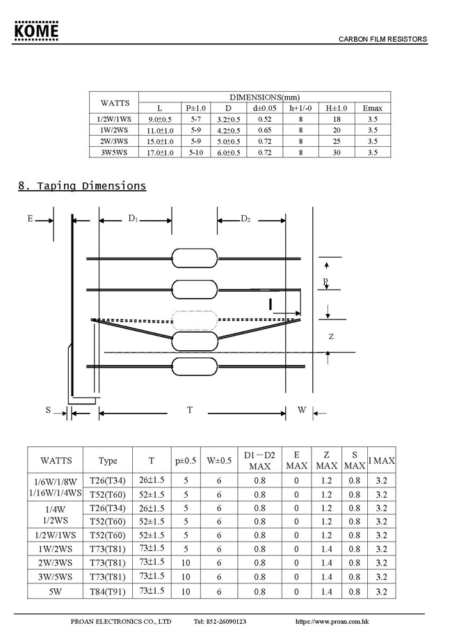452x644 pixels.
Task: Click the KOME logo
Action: point(36,31)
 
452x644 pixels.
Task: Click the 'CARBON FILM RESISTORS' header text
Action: point(382,40)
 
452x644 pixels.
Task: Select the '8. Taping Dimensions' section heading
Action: point(82,186)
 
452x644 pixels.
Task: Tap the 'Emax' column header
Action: point(372,108)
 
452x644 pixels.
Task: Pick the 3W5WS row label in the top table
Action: point(115,152)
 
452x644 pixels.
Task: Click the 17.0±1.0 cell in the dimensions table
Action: point(160,152)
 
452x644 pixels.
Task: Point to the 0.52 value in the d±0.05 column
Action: point(264,119)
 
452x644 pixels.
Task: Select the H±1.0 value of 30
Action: point(337,152)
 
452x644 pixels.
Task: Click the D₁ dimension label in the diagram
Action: point(133,219)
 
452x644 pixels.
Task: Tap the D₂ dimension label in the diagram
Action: point(245,219)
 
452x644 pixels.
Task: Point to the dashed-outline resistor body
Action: point(195,320)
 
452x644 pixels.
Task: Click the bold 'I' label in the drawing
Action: point(271,304)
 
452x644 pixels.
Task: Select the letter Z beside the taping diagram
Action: point(331,336)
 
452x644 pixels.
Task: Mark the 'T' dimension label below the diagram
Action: point(189,410)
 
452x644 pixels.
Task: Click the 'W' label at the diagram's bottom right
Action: point(302,410)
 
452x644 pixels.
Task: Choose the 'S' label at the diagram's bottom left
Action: point(49,410)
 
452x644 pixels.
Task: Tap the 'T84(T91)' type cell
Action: point(108,591)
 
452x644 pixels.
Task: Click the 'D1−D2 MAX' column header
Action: point(259,460)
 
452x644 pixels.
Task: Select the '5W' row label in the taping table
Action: point(56,591)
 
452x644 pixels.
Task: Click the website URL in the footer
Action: point(332,621)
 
